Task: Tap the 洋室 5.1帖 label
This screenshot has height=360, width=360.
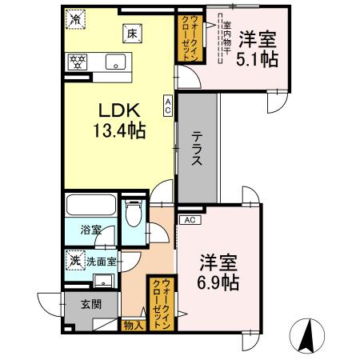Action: click(x=258, y=48)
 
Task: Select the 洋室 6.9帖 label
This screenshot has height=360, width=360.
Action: click(x=218, y=271)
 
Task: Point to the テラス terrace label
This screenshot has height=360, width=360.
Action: click(x=197, y=148)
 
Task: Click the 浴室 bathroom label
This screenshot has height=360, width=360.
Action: click(x=90, y=230)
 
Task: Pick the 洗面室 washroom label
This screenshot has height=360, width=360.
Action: click(x=102, y=260)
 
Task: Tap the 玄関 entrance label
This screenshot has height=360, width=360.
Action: click(x=90, y=304)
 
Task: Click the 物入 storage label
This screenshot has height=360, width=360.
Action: click(x=133, y=325)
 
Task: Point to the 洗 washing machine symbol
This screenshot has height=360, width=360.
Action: click(x=74, y=260)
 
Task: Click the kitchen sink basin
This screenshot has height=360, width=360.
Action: click(x=114, y=60)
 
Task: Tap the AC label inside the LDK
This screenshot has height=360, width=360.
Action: click(x=168, y=106)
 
